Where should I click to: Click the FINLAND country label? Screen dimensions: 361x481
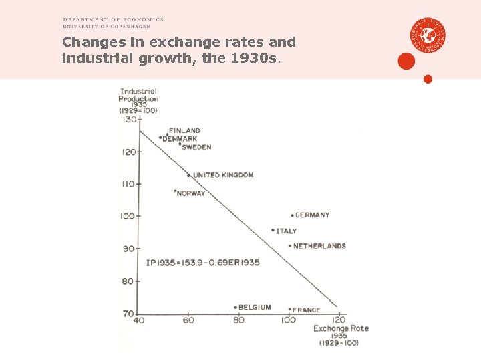pyautogui.click(x=184, y=130)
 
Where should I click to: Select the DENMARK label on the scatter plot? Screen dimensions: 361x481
pyautogui.click(x=180, y=138)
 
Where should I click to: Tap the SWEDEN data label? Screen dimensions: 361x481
pyautogui.click(x=196, y=147)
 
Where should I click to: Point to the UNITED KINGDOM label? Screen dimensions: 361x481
pyautogui.click(x=223, y=175)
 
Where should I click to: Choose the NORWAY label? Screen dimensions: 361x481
pyautogui.click(x=190, y=194)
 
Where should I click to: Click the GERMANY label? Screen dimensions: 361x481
pyautogui.click(x=312, y=215)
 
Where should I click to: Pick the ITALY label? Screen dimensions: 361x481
pyautogui.click(x=286, y=231)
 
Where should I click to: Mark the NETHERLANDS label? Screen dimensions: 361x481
pyautogui.click(x=319, y=246)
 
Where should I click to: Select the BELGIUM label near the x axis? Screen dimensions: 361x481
pyautogui.click(x=255, y=308)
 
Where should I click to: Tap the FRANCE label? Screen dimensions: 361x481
pyautogui.click(x=307, y=310)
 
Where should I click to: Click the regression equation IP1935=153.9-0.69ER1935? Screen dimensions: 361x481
pyautogui.click(x=202, y=263)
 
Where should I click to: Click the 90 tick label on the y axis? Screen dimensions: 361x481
pyautogui.click(x=127, y=249)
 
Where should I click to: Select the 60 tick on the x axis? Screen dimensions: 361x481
pyautogui.click(x=188, y=321)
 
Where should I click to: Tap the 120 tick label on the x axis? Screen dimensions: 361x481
pyautogui.click(x=339, y=321)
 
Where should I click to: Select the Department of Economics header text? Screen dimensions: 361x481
pyautogui.click(x=113, y=20)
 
